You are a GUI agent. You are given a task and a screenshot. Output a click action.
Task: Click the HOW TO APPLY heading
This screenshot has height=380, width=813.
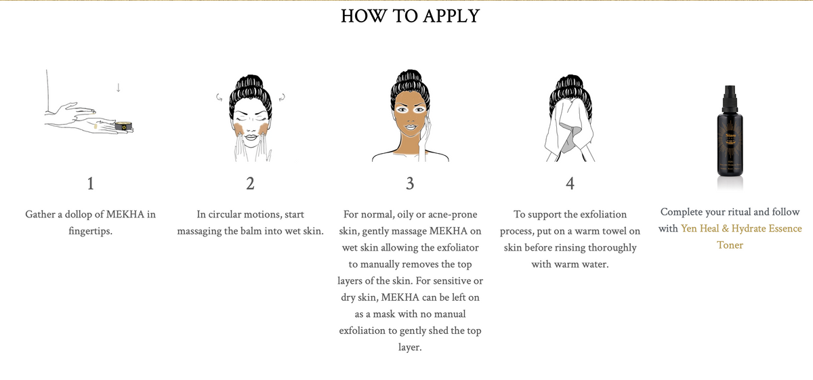point(410,16)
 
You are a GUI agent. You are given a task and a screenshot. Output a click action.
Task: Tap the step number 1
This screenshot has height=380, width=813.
point(90,183)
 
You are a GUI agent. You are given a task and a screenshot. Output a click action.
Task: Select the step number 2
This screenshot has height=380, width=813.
point(250,183)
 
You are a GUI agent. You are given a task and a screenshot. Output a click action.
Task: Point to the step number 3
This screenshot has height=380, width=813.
point(410,183)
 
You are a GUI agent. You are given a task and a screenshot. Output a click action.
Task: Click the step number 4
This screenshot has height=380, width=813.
point(570,183)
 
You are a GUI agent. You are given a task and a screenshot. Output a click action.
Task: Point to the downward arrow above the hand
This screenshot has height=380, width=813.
point(119,87)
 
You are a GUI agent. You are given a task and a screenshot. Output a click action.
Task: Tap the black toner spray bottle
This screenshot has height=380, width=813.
point(730,135)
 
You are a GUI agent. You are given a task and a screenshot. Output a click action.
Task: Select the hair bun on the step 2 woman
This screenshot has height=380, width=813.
point(250,80)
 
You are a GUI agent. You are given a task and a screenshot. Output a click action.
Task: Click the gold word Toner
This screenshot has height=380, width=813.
point(730,245)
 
